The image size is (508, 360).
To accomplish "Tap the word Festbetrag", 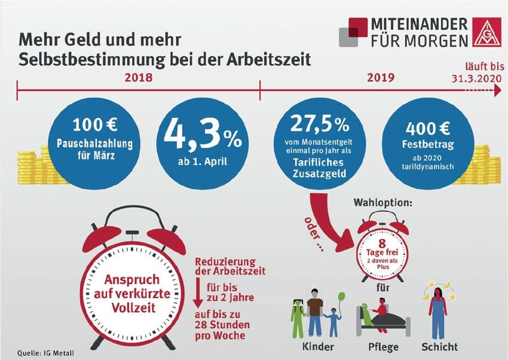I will pos(429,144).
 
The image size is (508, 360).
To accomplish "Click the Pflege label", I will pos(382,346).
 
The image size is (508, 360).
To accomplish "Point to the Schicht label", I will pos(439,346).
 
